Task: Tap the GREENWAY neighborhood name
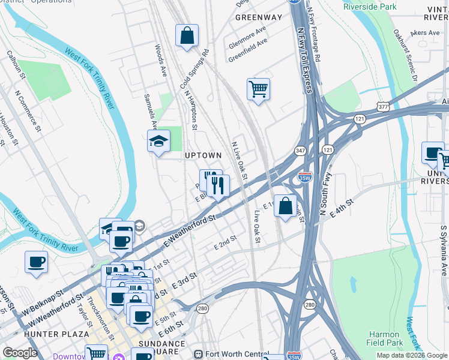tap(258, 17)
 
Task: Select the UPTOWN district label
tap(203, 155)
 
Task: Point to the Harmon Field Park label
tap(384, 339)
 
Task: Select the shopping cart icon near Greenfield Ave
tap(258, 89)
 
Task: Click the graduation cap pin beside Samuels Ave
tap(159, 141)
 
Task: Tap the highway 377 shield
tap(382, 106)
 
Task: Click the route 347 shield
tap(300, 150)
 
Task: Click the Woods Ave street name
tap(160, 60)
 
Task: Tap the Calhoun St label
tap(16, 65)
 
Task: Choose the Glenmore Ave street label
tap(247, 38)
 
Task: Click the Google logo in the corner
tap(20, 353)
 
